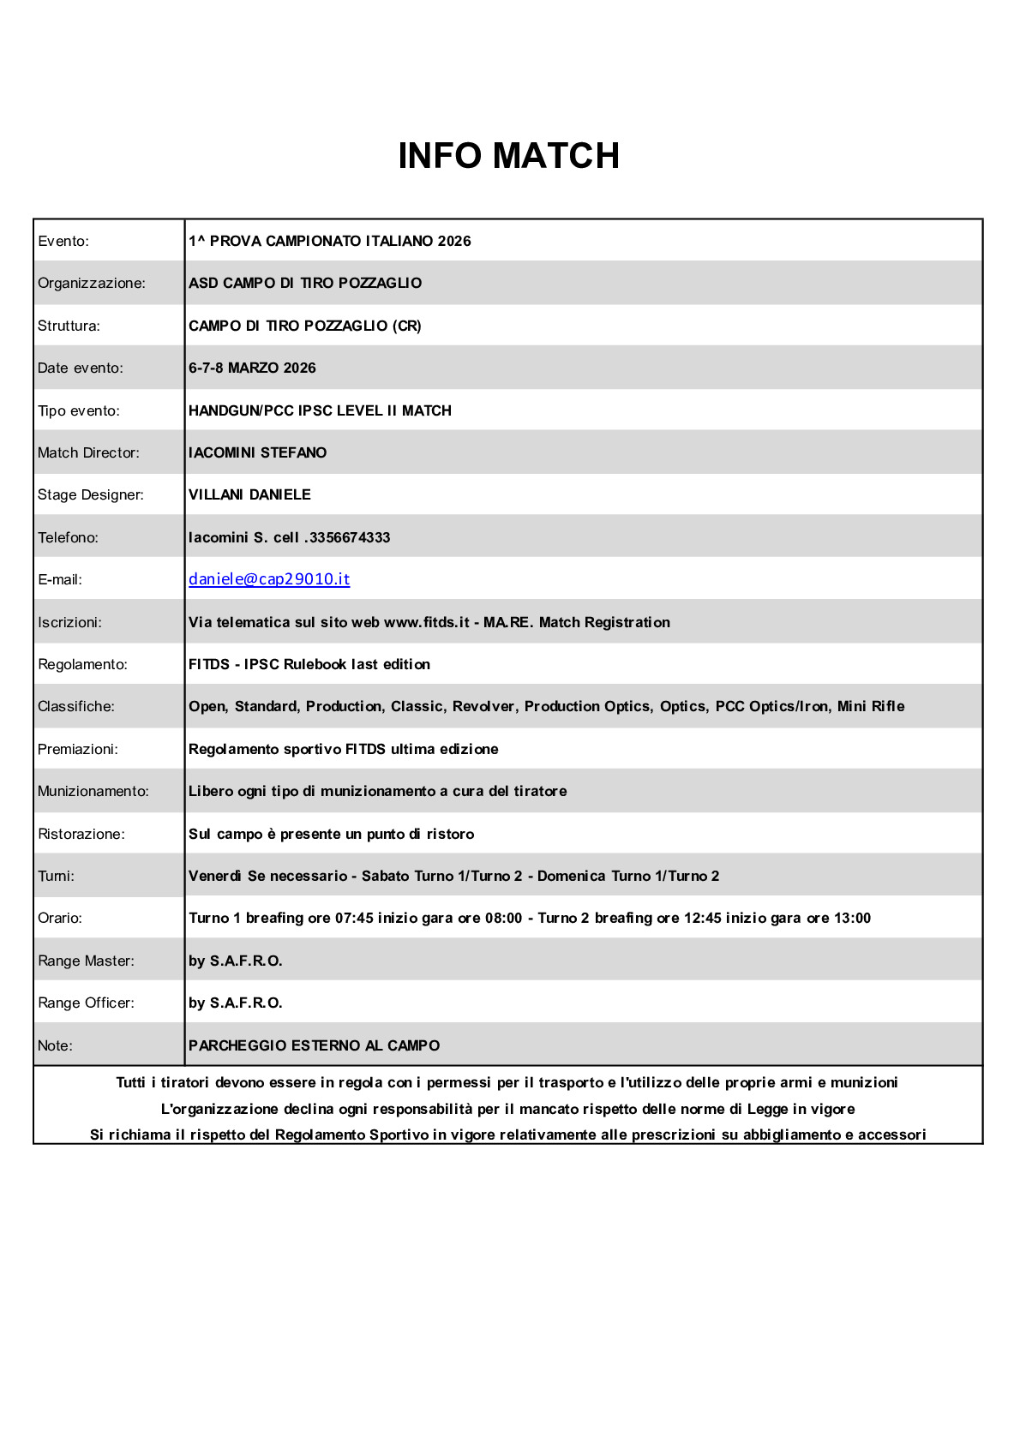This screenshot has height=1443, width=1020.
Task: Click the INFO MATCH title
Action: pos(508,156)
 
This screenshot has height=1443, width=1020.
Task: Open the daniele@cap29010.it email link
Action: pos(269,579)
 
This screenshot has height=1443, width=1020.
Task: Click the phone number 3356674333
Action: pos(350,537)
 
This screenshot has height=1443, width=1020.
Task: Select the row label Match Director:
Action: pos(88,452)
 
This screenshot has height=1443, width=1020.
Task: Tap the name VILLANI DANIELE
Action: pos(249,494)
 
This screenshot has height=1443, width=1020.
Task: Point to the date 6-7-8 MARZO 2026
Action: pos(252,368)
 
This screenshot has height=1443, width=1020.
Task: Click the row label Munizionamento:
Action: pos(93,791)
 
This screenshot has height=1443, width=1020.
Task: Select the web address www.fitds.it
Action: pos(426,622)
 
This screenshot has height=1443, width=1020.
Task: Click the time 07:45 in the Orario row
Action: pos(354,918)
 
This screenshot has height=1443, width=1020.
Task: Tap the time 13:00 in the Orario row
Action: pos(852,918)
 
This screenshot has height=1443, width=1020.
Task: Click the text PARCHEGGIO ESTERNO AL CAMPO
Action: pos(314,1045)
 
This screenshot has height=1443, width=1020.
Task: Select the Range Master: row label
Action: pos(86,961)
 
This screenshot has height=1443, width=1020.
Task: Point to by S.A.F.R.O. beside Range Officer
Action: pos(235,1003)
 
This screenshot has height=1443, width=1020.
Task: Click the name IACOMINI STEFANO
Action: pos(257,452)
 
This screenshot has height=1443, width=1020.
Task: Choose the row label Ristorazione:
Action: pos(81,834)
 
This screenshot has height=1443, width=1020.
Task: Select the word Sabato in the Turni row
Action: pos(385,876)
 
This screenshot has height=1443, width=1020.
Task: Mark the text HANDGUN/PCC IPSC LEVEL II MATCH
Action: pos(320,410)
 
